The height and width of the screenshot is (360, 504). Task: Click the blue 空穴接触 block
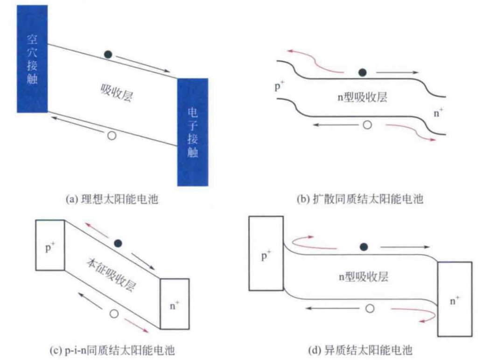click(32, 59)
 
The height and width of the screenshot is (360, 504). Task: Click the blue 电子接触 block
click(192, 132)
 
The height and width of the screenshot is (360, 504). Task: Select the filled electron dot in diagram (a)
click(108, 55)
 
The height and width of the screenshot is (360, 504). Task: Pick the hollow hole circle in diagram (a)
click(112, 136)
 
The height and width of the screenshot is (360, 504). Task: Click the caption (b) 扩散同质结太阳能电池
click(360, 200)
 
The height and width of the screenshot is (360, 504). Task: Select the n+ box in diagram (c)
click(175, 304)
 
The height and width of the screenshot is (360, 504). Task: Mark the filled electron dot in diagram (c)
click(118, 243)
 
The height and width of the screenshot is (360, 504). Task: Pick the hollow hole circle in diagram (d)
click(370, 308)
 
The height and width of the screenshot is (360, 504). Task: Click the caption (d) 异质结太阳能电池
click(360, 350)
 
